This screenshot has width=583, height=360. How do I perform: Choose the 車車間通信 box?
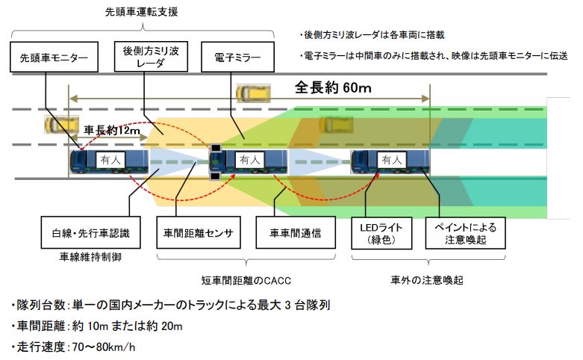coord(295,233)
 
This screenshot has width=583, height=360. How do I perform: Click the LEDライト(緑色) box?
coord(380,233)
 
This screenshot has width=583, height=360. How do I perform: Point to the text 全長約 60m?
coord(334,87)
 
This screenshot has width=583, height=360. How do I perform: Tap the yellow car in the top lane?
coord(253,93)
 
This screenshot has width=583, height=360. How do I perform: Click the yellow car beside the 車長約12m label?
coord(57,124)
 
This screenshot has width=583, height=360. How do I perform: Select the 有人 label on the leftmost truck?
coord(110,158)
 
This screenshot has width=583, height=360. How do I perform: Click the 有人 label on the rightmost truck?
coord(390,158)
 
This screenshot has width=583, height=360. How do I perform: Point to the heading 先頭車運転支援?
coord(142,13)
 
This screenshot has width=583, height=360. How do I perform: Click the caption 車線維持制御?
coord(90,255)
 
